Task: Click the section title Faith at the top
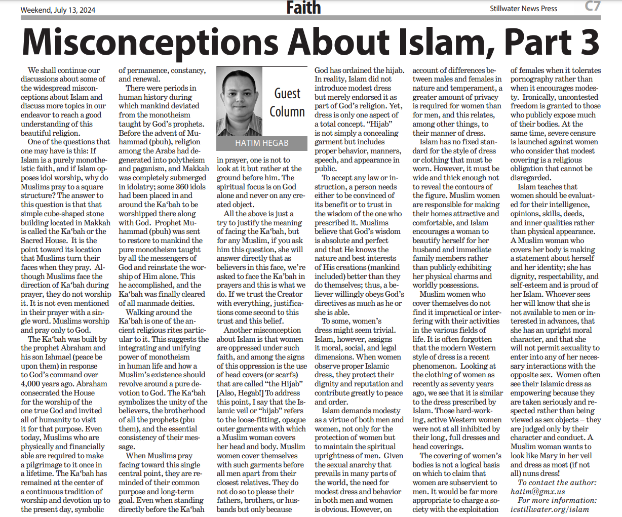(x=303, y=8)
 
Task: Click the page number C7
(x=592, y=7)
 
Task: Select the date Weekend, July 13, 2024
(x=58, y=10)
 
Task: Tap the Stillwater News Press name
(x=523, y=9)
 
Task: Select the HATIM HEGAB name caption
(x=261, y=143)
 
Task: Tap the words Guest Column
(x=287, y=102)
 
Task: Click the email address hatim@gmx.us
(x=537, y=491)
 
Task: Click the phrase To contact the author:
(x=557, y=483)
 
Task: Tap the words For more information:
(x=557, y=500)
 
